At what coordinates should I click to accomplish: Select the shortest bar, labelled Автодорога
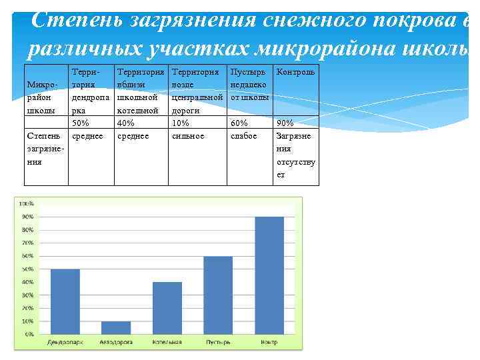click(x=116, y=327)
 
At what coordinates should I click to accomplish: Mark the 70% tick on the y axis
click(x=27, y=243)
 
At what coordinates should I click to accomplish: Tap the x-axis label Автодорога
click(x=116, y=342)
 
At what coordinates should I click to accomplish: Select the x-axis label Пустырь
click(x=218, y=342)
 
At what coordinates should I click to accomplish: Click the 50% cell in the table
click(x=80, y=123)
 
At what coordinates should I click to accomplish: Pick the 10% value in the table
click(x=181, y=123)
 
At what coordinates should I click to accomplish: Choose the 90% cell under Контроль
click(x=285, y=123)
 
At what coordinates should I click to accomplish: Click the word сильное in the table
click(x=187, y=135)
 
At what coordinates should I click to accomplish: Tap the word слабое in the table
click(x=243, y=135)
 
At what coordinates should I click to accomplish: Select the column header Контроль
click(x=295, y=71)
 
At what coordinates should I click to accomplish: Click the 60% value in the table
click(x=239, y=123)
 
